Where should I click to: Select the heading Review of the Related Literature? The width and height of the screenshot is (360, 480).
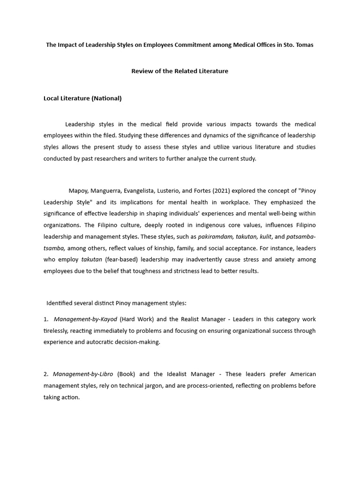180,71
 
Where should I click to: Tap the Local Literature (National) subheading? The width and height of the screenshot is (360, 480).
82,98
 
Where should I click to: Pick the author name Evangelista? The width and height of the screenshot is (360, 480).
147,191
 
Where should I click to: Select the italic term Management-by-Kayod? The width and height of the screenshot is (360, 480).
85,319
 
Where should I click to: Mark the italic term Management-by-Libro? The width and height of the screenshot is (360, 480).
82,374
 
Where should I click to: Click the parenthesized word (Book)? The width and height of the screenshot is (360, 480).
126,374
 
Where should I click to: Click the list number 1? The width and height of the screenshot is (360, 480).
46,319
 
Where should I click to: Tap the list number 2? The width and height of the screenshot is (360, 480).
46,374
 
